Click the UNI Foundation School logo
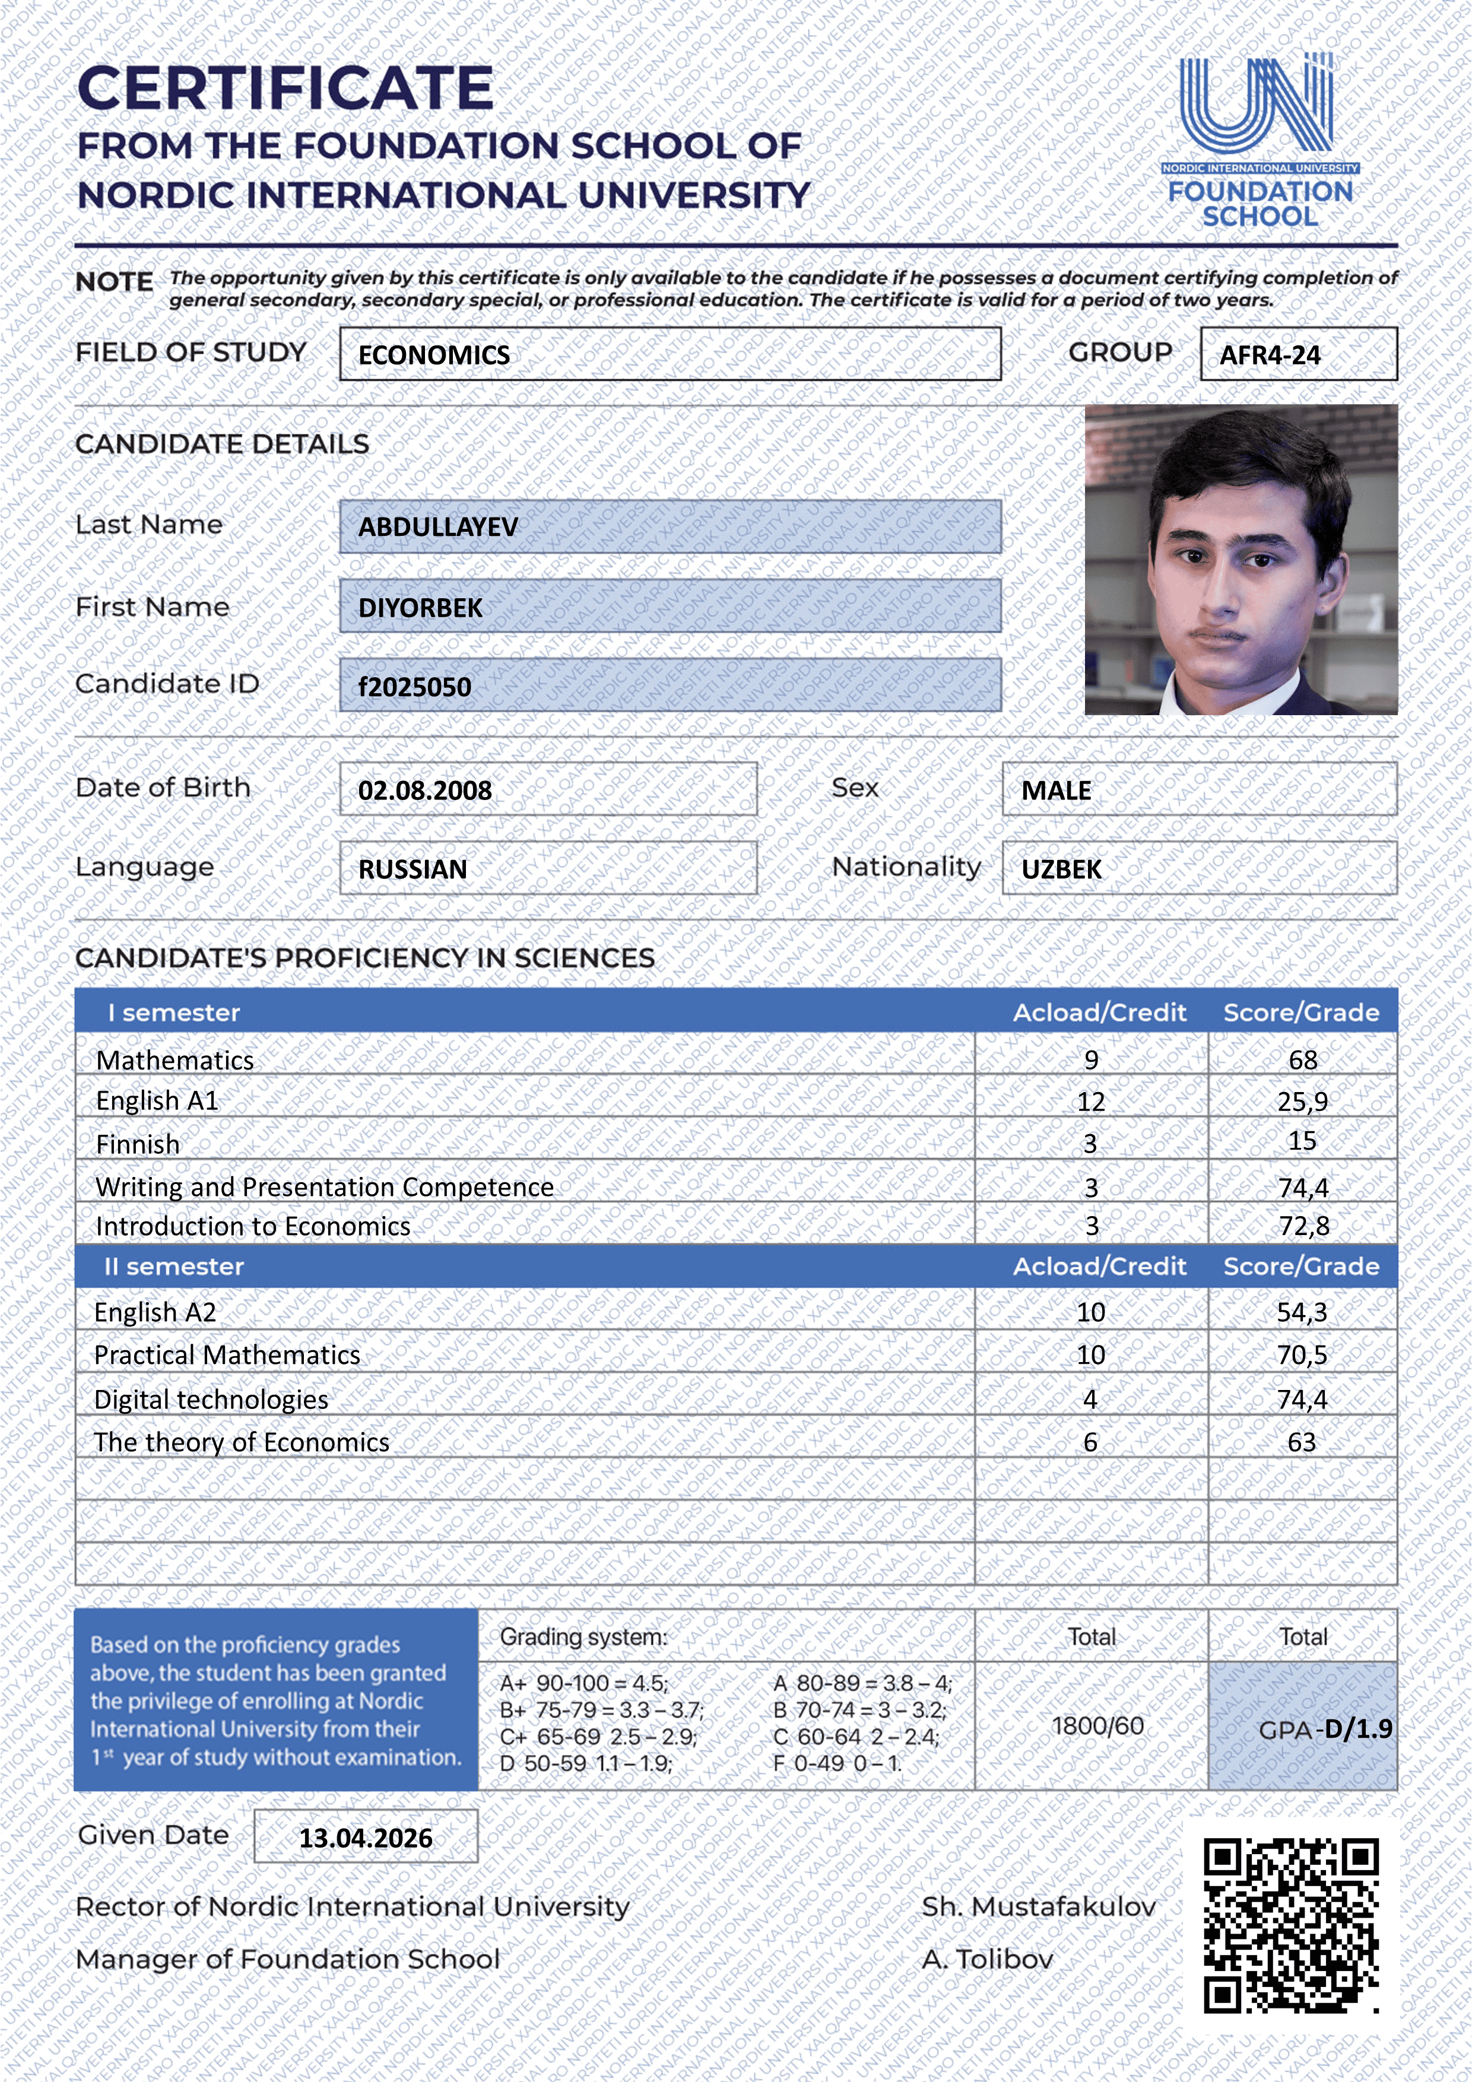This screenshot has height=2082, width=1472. click(1259, 141)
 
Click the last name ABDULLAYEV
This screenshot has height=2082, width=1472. click(438, 527)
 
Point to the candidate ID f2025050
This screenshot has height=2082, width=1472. click(414, 687)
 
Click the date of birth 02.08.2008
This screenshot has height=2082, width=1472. click(424, 791)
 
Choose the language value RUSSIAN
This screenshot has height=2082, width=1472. click(413, 869)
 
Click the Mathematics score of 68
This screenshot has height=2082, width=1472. click(1302, 1060)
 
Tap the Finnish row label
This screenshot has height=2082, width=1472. click(138, 1144)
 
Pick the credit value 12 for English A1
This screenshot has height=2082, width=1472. click(1090, 1102)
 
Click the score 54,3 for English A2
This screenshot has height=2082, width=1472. click(1302, 1312)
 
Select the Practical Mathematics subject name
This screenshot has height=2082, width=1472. click(227, 1355)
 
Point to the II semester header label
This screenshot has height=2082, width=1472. click(174, 1267)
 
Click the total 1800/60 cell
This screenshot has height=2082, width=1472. click(1097, 1726)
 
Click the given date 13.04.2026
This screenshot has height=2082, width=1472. click(366, 1838)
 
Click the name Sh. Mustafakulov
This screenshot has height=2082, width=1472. click(1039, 1907)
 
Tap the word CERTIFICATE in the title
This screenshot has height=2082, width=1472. click(285, 89)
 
